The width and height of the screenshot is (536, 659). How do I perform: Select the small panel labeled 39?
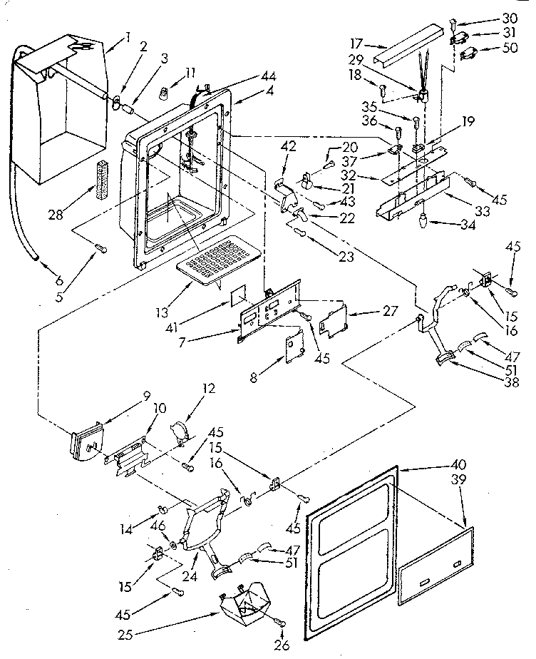coord(433,562)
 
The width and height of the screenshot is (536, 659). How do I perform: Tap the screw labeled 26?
coord(283,623)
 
